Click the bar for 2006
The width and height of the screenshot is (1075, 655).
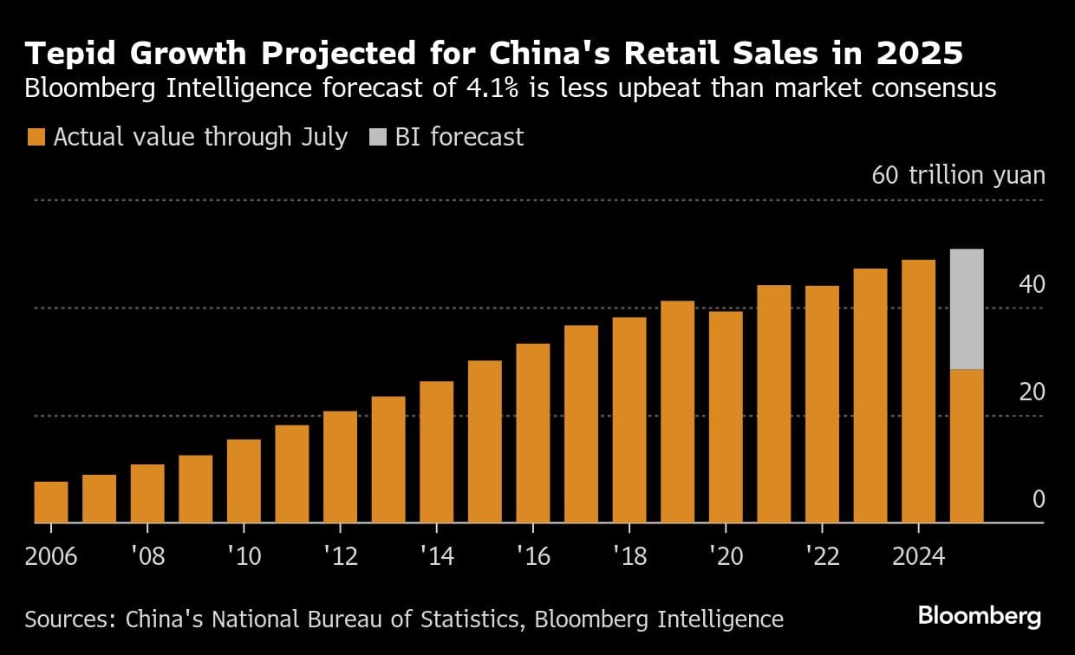(x=51, y=503)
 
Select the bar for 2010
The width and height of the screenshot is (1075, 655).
(x=244, y=482)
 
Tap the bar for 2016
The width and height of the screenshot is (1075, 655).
(x=532, y=433)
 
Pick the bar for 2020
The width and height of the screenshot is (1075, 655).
(x=725, y=417)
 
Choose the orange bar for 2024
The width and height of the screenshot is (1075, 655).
(x=918, y=392)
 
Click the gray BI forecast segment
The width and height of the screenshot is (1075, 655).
(x=967, y=309)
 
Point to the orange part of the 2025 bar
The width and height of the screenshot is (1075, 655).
(x=967, y=446)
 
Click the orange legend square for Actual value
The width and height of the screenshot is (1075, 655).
(x=36, y=137)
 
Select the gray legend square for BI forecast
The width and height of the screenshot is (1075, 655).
(x=377, y=137)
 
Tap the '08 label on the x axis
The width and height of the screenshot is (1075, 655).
(x=147, y=556)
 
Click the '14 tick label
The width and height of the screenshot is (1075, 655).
(x=436, y=556)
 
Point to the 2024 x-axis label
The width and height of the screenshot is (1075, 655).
(x=918, y=556)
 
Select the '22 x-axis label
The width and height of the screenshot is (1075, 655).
(x=821, y=556)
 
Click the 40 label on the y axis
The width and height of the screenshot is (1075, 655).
(x=1032, y=284)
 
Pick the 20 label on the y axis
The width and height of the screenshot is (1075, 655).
(x=1032, y=392)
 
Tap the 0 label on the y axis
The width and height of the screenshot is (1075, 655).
(x=1039, y=500)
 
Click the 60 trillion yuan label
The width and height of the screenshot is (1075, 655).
(x=958, y=176)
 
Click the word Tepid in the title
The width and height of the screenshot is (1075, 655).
(x=70, y=54)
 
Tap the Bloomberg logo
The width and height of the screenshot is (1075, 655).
(x=979, y=617)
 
